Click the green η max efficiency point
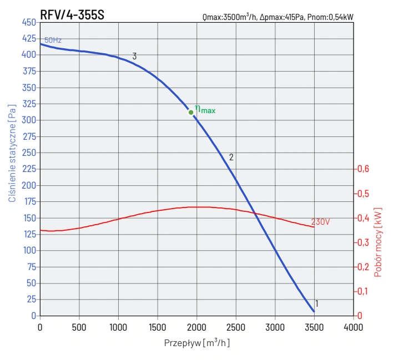click(191, 112)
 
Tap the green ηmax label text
click(205, 109)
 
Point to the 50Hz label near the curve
click(53, 40)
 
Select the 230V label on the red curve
click(320, 222)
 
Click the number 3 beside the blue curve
click(134, 56)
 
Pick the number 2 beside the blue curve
click(231, 157)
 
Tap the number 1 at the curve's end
click(316, 303)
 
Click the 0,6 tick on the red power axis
click(362, 169)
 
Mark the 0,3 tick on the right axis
click(362, 242)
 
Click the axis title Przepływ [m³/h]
click(196, 343)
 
